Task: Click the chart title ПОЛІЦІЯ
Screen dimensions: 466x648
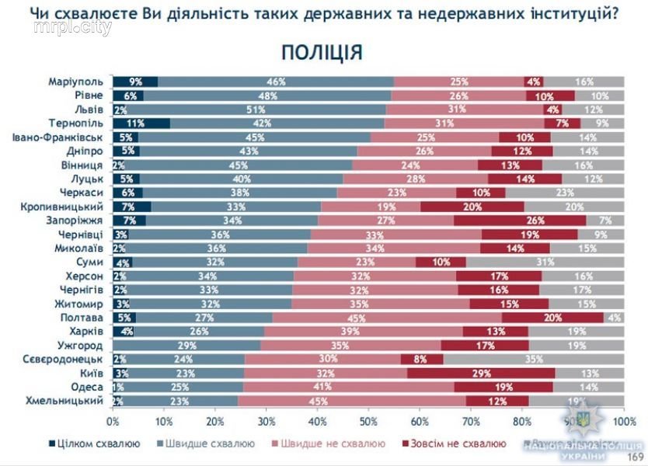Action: coord(322,53)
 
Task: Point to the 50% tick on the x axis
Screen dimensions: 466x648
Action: coord(368,421)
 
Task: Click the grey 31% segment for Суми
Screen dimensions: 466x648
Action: coord(544,262)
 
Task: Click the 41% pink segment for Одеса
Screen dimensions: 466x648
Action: coord(348,387)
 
